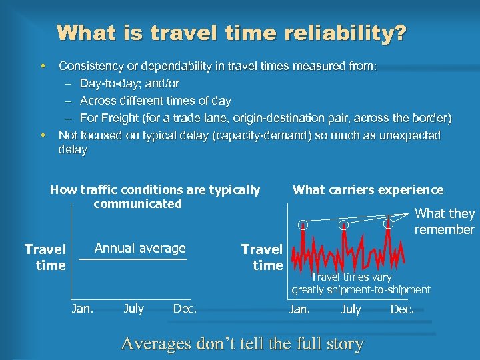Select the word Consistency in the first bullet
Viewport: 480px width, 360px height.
(91, 66)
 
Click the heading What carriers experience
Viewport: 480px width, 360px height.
(368, 190)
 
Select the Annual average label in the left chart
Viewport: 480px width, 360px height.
(140, 249)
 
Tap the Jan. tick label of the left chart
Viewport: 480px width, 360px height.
(83, 308)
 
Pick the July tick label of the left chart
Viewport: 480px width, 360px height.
(133, 308)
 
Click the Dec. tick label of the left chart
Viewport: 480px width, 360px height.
(185, 308)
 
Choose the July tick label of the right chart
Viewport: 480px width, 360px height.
(351, 309)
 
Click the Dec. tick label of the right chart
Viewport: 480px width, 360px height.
(402, 309)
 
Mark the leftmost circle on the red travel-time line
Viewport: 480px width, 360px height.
(303, 225)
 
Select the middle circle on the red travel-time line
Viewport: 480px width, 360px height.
(343, 225)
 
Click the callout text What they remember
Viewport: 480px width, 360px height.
(445, 221)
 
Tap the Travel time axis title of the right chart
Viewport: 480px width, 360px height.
(262, 257)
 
